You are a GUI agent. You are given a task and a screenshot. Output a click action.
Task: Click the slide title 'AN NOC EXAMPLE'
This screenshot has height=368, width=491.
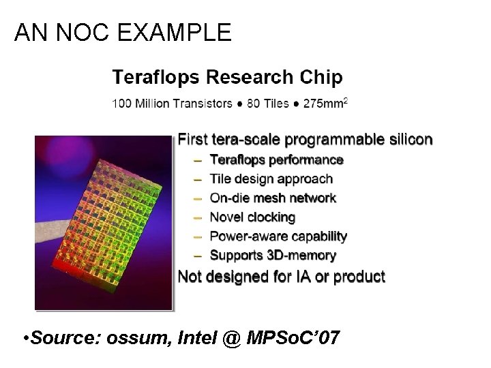coord(123,32)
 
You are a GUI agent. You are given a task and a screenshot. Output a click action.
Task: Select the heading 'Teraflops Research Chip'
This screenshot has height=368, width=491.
coord(227,77)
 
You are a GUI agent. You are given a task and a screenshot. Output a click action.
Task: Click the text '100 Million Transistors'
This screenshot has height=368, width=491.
coord(172,104)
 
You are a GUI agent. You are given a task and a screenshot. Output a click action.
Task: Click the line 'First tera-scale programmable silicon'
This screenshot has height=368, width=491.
coord(305,140)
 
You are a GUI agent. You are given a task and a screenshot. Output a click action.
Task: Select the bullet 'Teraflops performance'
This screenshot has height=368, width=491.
coord(276,160)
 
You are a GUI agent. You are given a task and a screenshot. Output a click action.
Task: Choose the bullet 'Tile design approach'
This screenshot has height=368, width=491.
coord(271,179)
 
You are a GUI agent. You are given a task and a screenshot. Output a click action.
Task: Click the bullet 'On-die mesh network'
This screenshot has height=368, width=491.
coord(273,198)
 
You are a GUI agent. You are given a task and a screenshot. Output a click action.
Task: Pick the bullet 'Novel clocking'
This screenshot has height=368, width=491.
coord(252,217)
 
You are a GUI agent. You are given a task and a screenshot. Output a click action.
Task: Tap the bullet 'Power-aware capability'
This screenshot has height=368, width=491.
coord(278,236)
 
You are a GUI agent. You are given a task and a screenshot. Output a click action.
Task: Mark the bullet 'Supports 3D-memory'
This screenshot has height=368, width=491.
coord(273,256)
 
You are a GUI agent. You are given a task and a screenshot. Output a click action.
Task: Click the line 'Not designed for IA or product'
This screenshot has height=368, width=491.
coord(281,277)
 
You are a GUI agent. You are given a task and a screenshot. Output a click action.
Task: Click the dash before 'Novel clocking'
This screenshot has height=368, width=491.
coord(197,217)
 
